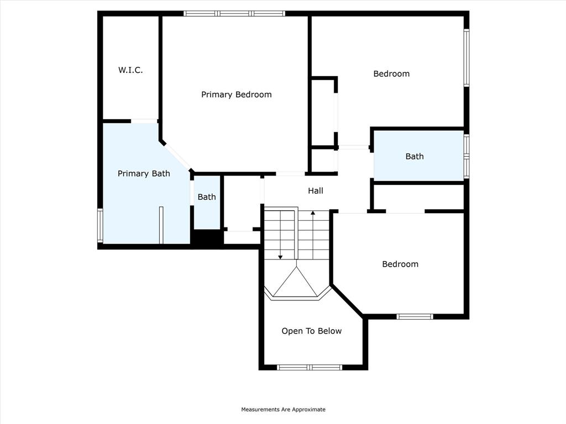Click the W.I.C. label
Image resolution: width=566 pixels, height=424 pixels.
coord(130,70)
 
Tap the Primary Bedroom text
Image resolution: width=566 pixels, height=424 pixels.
coord(236,94)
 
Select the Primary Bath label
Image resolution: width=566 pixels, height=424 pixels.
coord(144,173)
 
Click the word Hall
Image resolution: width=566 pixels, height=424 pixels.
coord(316,190)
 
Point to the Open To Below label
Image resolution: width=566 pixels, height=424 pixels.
coord(311,331)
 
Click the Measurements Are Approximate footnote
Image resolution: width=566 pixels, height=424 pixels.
coord(283,410)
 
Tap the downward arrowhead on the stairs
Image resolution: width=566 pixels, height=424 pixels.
coord(280,257)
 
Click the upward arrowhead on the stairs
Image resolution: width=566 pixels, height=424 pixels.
coord(313,213)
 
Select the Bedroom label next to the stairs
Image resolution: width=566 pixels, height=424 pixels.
coord(400,264)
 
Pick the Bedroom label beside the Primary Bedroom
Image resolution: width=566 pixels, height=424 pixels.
coord(391,73)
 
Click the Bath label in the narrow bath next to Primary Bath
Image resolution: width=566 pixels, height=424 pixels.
coord(207,197)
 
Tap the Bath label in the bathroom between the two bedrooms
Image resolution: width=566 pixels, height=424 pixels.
coord(415,156)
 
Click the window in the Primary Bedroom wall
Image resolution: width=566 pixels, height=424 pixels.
coord(234,13)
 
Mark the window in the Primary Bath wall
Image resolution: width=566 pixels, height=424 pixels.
coord(100,225)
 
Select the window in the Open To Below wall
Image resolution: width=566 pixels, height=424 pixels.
coord(310,367)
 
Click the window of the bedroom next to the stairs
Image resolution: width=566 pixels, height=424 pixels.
coord(415,316)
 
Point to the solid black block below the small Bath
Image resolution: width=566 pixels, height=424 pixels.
coord(207,238)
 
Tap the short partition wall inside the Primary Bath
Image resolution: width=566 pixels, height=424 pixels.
coord(161,225)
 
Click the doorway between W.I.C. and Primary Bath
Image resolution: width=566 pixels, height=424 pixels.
coord(144,121)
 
